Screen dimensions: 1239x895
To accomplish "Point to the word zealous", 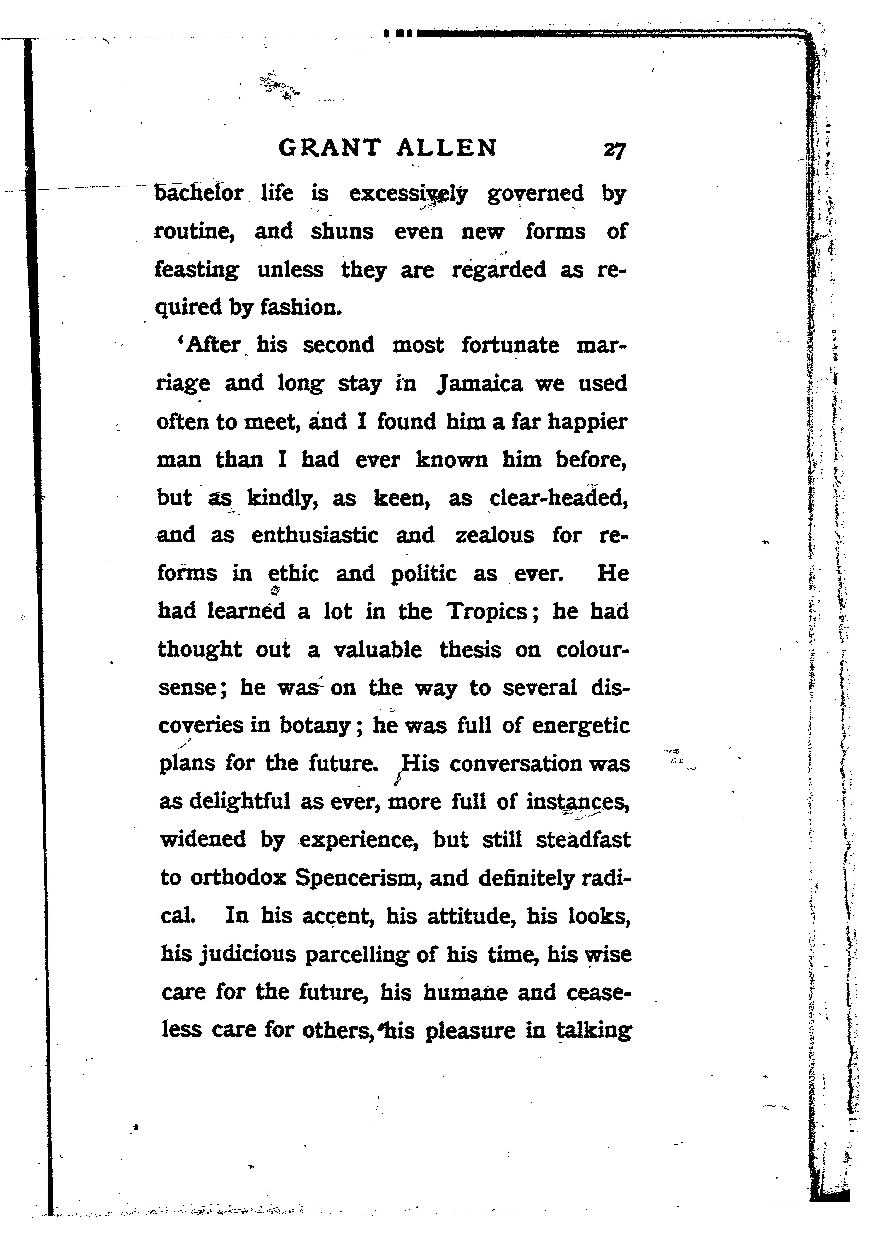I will [495, 535].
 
